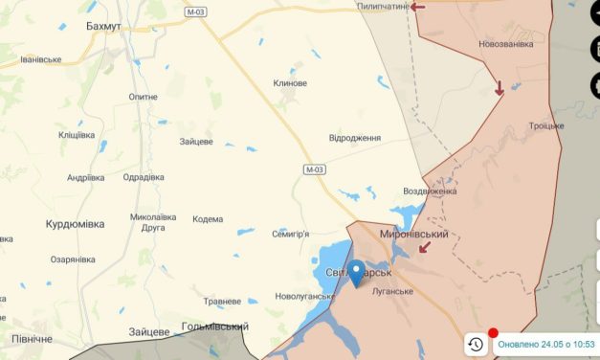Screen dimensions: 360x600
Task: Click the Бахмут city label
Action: [102, 25]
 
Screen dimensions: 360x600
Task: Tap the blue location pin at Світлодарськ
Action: [356, 273]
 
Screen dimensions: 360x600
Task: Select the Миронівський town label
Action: [413, 235]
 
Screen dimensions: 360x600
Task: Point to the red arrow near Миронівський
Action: [423, 248]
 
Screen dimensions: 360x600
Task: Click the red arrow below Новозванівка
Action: [500, 89]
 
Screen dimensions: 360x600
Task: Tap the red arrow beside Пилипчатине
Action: [418, 7]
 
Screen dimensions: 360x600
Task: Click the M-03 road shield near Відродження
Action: [315, 169]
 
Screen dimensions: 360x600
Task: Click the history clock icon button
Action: [476, 345]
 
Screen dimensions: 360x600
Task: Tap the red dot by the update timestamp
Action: [493, 333]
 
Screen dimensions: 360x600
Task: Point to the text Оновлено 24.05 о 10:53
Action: [547, 345]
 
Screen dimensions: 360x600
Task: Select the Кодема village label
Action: [208, 219]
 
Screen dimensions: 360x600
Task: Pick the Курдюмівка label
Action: [76, 223]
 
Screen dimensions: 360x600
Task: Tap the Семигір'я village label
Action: [291, 235]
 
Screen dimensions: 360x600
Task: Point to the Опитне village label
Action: [143, 98]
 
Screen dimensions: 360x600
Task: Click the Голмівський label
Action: [216, 326]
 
